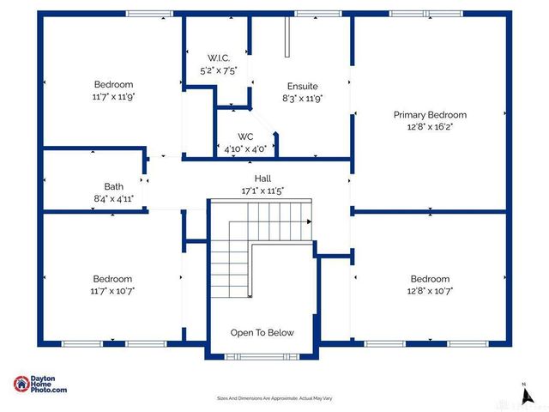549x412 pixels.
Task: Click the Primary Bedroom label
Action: click(x=430, y=114)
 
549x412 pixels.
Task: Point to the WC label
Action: click(x=245, y=136)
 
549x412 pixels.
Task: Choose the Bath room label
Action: click(x=114, y=185)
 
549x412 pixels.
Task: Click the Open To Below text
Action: click(x=262, y=333)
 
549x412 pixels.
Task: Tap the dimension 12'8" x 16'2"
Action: click(x=430, y=126)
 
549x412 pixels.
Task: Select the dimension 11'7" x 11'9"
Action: click(x=114, y=97)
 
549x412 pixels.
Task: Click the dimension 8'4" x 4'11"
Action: click(x=114, y=198)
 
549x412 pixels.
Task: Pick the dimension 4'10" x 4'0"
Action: click(x=245, y=148)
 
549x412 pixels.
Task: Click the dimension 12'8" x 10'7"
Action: click(x=430, y=291)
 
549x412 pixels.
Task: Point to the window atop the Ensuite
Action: click(x=306, y=13)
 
